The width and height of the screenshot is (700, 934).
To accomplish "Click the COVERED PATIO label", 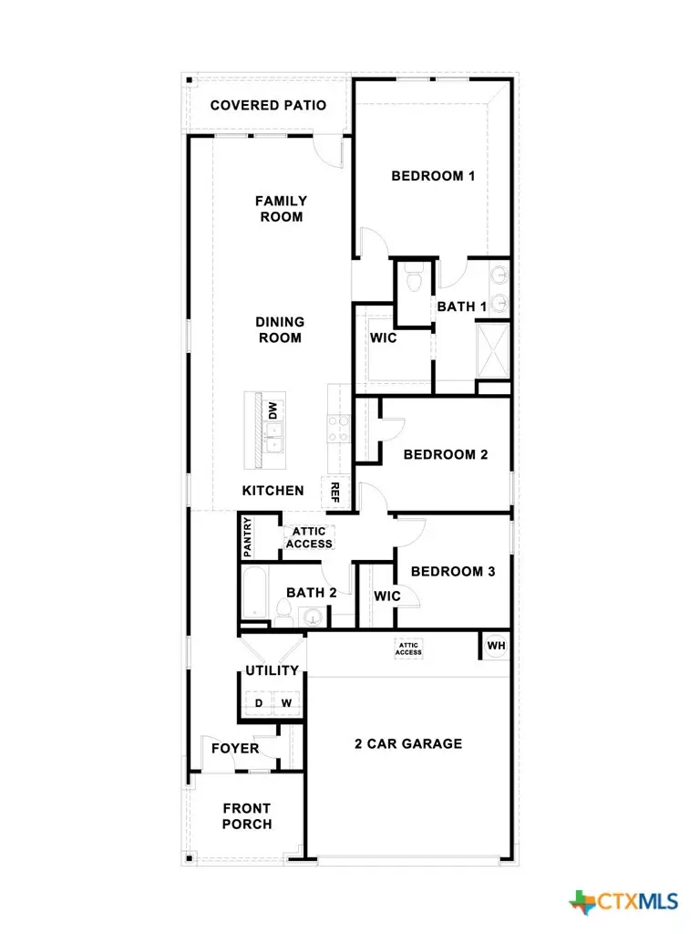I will (x=268, y=105).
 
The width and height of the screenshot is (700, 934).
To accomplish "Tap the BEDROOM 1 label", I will (x=433, y=176).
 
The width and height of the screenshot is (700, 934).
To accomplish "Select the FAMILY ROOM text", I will (x=281, y=209).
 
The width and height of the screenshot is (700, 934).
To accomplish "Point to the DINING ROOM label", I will (x=280, y=330).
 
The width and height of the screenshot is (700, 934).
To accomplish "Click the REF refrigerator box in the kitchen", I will (x=334, y=493).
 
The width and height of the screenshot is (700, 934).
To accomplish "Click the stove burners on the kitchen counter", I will (x=338, y=428).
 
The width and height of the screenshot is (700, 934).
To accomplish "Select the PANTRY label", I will (x=247, y=538).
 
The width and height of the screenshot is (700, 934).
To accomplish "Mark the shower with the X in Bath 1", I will (x=493, y=350).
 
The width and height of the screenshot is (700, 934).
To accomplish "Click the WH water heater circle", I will (x=496, y=646).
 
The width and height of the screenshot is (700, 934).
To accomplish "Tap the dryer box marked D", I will (x=258, y=703).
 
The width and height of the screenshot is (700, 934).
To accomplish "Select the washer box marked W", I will (x=285, y=703).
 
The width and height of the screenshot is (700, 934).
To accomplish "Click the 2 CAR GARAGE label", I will (x=407, y=743).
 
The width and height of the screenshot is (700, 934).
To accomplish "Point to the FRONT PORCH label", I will (x=247, y=816).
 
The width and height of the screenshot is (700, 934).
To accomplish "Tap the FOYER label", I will (x=235, y=749).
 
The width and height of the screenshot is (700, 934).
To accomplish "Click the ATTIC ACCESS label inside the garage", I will (x=408, y=649).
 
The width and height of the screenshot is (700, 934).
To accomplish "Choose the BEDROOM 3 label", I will (x=453, y=572).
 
